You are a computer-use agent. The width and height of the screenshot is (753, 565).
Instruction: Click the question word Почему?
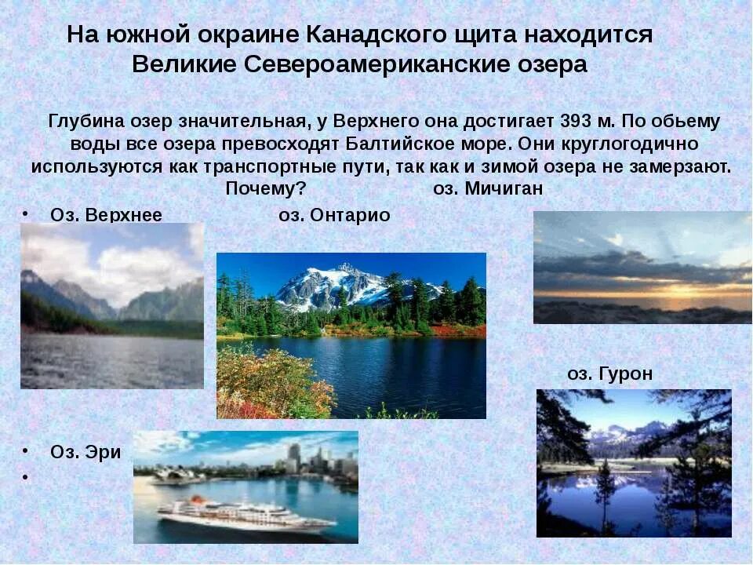(265, 189)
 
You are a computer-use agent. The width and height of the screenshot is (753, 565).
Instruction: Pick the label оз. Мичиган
(488, 189)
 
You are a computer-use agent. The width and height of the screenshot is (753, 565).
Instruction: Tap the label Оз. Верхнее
(106, 215)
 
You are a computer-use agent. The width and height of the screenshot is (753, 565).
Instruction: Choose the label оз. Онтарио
(334, 215)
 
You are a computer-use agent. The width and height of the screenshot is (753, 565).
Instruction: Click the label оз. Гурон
(609, 374)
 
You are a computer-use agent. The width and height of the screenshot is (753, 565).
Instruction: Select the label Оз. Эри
(85, 452)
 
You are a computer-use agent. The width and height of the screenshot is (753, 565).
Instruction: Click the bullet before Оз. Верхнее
(26, 213)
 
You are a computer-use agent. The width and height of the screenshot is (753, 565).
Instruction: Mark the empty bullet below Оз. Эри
(26, 476)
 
